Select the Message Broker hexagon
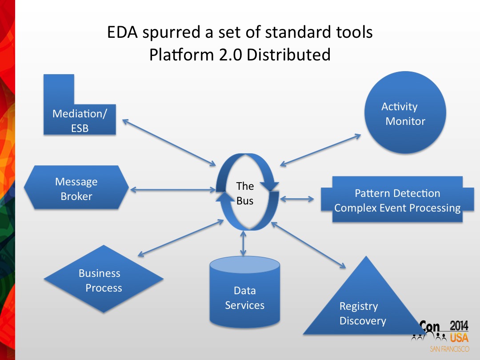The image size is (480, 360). (x=76, y=189)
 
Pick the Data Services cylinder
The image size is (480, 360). (x=244, y=293)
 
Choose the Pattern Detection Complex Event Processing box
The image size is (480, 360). (x=397, y=200)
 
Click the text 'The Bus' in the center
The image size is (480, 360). (x=245, y=193)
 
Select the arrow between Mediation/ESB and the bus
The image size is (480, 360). (x=169, y=140)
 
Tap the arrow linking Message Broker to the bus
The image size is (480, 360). (x=173, y=190)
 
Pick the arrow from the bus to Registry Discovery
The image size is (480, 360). (x=308, y=245)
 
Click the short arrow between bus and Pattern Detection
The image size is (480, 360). (x=297, y=199)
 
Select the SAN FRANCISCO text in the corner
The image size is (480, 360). (x=449, y=349)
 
